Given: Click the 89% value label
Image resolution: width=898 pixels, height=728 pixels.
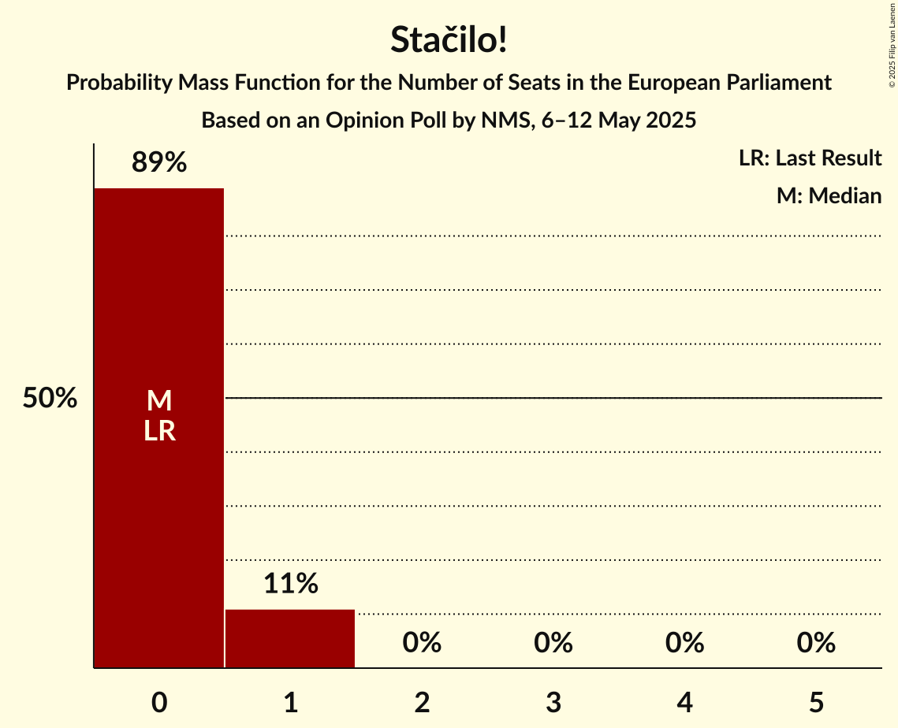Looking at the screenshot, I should click(x=159, y=163).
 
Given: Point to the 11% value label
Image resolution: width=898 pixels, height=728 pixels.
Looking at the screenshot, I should click(x=290, y=584).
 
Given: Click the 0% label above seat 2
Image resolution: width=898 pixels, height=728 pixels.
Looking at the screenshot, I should click(x=422, y=643).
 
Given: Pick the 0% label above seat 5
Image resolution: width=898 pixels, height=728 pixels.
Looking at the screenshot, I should click(x=816, y=643).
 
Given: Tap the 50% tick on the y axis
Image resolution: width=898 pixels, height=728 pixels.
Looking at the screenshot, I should click(x=50, y=399).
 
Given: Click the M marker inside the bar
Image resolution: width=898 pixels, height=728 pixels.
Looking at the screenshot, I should click(x=159, y=401).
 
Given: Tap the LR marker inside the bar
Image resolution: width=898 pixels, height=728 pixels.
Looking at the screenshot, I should click(x=159, y=431).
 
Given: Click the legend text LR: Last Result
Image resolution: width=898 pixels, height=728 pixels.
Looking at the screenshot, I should click(x=810, y=158).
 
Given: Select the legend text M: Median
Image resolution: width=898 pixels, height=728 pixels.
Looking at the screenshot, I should click(x=829, y=195).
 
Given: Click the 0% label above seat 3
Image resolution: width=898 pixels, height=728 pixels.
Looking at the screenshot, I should click(x=553, y=643).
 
